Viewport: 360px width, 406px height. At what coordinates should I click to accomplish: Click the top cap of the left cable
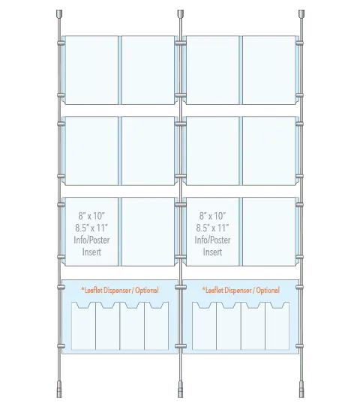(59, 14)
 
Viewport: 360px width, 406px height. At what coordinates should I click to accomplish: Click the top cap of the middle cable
(181, 14)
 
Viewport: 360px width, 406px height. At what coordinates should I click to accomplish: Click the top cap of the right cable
(301, 14)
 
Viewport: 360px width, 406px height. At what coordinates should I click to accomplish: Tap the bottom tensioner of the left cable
(59, 389)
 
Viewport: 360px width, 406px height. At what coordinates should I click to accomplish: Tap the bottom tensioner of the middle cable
(181, 389)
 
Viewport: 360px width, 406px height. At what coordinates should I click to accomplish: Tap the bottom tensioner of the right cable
(301, 389)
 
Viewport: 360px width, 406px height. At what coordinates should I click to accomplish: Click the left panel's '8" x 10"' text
(91, 216)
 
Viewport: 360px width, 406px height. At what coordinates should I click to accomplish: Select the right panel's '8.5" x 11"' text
(212, 228)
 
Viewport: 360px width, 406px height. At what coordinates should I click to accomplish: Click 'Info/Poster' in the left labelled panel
(91, 240)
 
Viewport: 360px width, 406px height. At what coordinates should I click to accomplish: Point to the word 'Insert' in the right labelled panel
(212, 252)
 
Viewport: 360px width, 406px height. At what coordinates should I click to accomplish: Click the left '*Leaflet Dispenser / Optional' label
(120, 290)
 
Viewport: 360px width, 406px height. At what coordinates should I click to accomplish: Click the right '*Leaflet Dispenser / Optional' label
(241, 290)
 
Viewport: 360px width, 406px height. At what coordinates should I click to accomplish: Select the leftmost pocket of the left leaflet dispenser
(83, 326)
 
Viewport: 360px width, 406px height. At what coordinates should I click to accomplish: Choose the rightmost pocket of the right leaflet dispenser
(277, 326)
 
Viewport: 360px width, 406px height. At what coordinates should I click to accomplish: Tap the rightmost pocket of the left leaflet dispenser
(157, 326)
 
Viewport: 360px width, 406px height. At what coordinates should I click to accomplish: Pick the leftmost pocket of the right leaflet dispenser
(204, 326)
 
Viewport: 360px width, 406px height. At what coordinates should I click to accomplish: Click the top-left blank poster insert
(91, 70)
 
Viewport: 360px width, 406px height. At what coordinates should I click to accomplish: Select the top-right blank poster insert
(269, 70)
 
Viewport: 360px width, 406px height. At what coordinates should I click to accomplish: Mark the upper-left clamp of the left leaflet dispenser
(61, 287)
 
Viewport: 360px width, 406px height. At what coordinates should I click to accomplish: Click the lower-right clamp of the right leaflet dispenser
(299, 346)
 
